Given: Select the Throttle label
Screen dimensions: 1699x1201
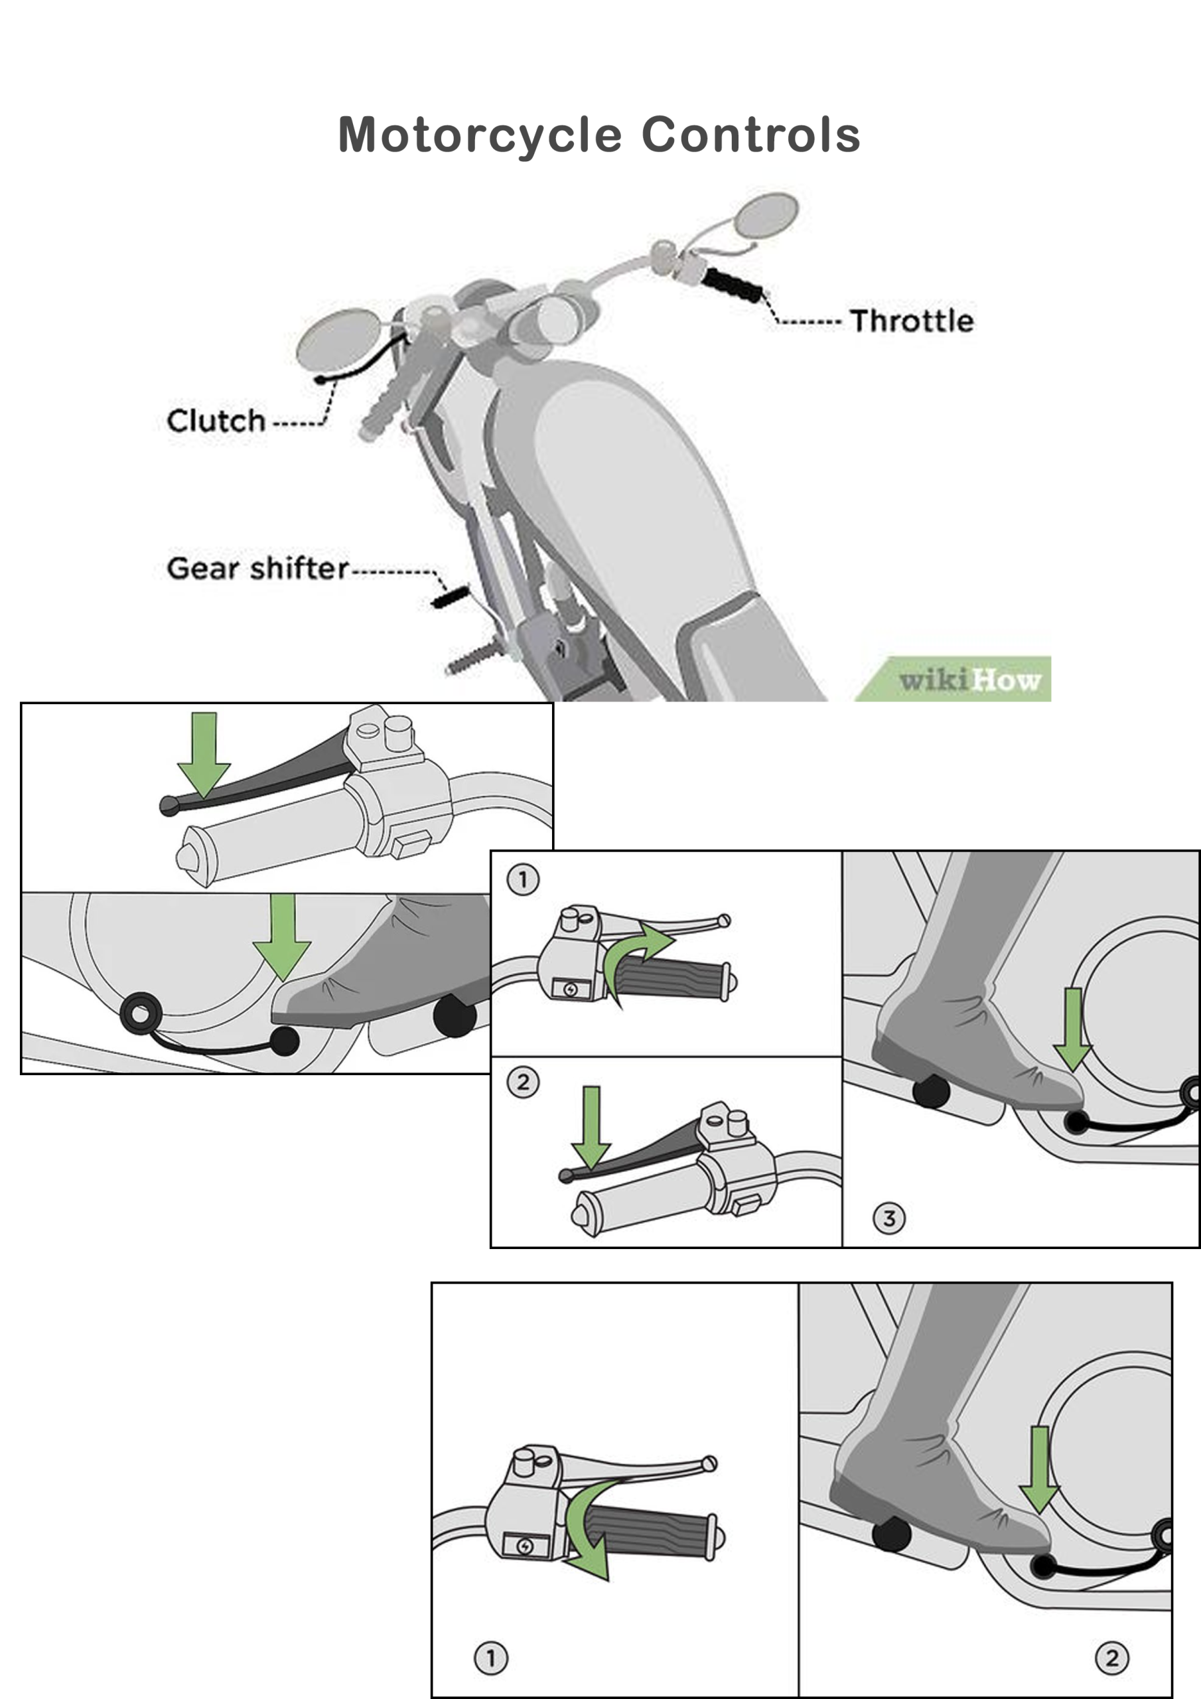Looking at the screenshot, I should (911, 321).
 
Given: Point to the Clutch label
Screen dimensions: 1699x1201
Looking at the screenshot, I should (216, 421).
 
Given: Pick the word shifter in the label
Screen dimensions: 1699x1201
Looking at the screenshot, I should (299, 568).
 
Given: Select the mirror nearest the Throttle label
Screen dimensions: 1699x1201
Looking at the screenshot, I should (767, 215).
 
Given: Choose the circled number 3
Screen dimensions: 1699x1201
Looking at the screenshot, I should (888, 1218).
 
